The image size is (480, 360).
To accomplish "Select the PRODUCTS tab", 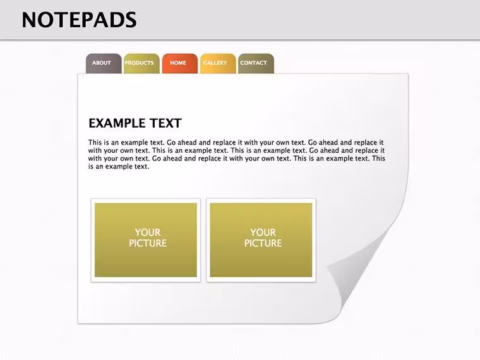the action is tap(141, 63).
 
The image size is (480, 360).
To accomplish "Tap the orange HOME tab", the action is tap(180, 63).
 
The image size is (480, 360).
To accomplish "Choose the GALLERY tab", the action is tap(218, 63).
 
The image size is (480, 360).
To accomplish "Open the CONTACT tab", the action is tap(256, 63).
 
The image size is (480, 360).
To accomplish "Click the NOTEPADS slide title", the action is tap(80, 20).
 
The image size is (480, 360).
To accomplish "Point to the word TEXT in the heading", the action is tap(165, 123).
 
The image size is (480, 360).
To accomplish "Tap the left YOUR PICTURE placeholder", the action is tap(146, 240).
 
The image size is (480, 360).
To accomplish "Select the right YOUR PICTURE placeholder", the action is tap(261, 240).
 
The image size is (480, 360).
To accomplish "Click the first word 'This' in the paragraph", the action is tap(95, 142).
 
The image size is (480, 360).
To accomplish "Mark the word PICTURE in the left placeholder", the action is tap(148, 243).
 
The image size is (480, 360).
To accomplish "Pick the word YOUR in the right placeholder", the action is tap(263, 232).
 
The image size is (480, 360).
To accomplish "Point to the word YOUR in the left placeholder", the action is tap(148, 232).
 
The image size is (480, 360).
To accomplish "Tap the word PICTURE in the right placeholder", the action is tap(263, 243).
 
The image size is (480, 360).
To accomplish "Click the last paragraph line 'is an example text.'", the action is tap(119, 167).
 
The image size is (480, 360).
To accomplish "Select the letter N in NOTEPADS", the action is tap(30, 20).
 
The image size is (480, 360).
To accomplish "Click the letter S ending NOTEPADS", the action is tap(131, 20).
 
